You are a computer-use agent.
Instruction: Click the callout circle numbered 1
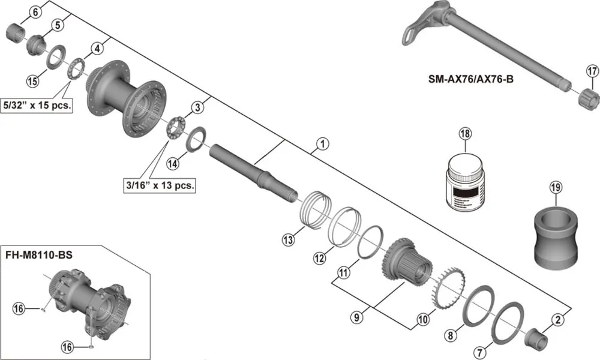pyautogui.click(x=322, y=143)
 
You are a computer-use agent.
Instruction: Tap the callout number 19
pyautogui.click(x=554, y=188)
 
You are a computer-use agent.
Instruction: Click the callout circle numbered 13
pyautogui.click(x=289, y=240)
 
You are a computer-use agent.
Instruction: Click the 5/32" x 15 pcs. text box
pyautogui.click(x=38, y=106)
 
